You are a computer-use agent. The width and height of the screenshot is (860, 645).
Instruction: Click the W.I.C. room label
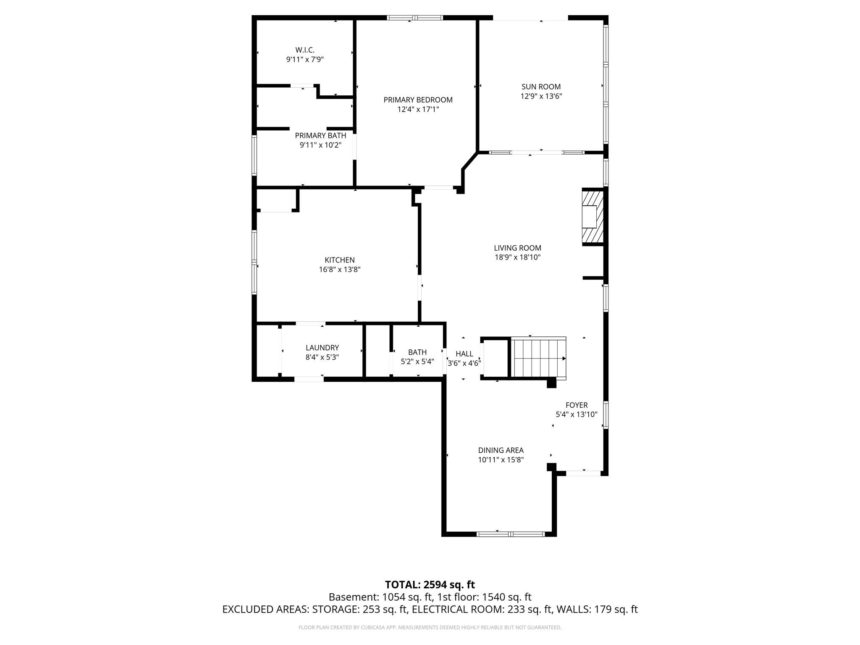coord(304,50)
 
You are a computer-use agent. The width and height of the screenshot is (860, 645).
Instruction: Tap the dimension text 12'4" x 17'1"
coord(418,110)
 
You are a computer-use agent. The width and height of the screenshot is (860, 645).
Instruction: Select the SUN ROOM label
coord(541,87)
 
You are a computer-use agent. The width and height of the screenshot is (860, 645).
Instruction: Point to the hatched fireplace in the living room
coord(592,217)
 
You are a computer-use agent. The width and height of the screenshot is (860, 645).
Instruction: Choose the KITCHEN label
coord(339,260)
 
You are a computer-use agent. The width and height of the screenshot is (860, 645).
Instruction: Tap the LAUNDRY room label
coord(322,348)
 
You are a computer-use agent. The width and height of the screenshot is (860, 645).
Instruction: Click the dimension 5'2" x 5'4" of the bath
coord(417,362)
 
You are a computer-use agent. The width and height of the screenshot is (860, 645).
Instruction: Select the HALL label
coord(464,354)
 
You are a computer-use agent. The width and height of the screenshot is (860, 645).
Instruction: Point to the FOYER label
coord(576,405)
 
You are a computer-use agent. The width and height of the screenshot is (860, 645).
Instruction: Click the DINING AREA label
coord(501,451)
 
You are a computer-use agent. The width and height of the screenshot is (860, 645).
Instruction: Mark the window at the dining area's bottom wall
coord(510,534)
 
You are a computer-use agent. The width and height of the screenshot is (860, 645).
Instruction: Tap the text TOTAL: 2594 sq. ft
coord(430,585)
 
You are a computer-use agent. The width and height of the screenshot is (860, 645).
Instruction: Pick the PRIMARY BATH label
coord(320,136)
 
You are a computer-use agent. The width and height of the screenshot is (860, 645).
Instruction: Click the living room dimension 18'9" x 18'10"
coord(517,257)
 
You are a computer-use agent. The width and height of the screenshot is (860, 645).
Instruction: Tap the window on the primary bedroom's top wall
coord(414,18)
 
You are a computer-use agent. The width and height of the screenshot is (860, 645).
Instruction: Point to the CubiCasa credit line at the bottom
coord(430,627)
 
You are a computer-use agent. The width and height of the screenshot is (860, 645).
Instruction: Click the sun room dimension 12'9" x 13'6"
coord(541,96)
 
